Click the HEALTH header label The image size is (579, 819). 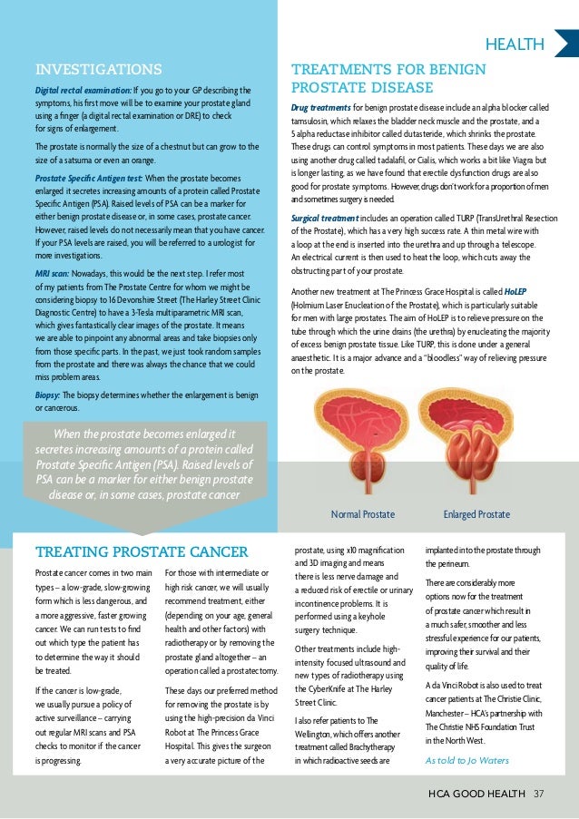click(515, 44)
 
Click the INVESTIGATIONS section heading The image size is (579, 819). click(98, 70)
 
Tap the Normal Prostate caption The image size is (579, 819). click(363, 514)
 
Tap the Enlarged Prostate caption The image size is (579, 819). click(476, 514)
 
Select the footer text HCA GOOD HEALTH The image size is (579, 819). click(478, 795)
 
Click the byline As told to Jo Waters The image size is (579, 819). click(467, 760)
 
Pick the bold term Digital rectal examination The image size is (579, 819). click(82, 91)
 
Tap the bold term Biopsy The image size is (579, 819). click(48, 395)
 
